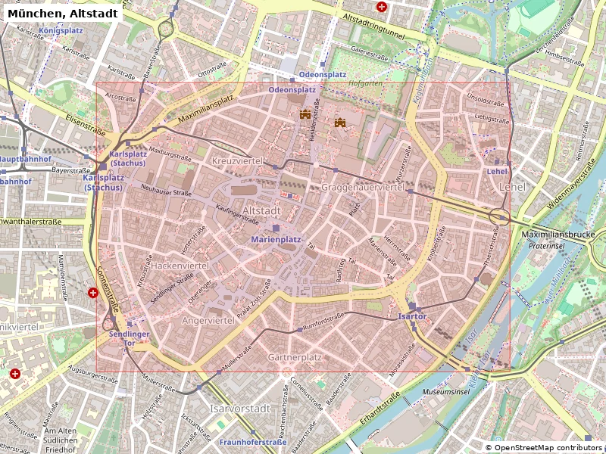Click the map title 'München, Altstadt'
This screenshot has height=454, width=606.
coord(61,13)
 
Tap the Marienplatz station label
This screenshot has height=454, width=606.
coord(276,239)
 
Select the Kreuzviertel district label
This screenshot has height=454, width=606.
coord(237,162)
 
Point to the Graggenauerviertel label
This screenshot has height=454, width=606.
coord(363,187)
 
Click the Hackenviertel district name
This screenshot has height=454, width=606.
coord(180,266)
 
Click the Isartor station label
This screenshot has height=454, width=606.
coord(412,316)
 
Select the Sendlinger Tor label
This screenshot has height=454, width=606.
coord(129,338)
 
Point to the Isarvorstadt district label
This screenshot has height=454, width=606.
coord(239,409)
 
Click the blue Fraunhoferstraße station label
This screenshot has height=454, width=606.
coord(253,442)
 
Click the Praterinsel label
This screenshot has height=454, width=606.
coord(547,246)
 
